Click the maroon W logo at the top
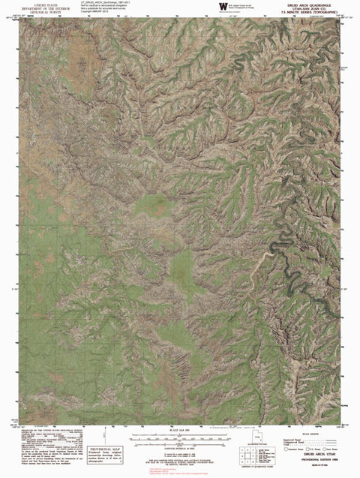coord(222,6)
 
